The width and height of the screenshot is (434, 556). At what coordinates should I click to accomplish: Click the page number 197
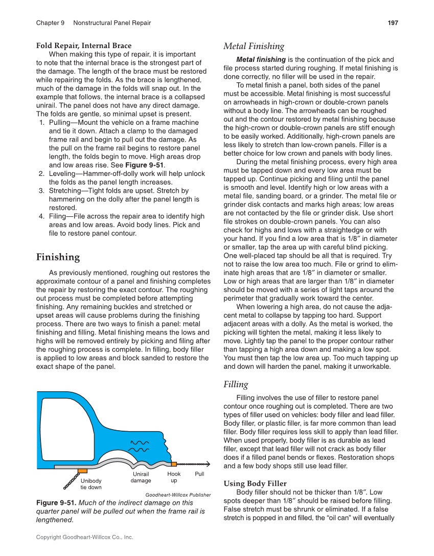(x=393, y=23)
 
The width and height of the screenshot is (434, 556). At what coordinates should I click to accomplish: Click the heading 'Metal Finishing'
(x=254, y=47)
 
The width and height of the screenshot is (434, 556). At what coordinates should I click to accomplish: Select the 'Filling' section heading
(x=236, y=384)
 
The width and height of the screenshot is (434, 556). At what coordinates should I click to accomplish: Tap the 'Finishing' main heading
(x=58, y=257)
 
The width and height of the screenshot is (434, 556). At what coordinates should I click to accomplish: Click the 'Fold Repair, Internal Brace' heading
(x=83, y=46)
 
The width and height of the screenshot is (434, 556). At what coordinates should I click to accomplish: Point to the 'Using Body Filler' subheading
(x=255, y=483)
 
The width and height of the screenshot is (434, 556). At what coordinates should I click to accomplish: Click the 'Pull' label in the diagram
(x=199, y=474)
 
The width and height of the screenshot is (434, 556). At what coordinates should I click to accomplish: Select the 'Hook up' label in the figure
(x=174, y=477)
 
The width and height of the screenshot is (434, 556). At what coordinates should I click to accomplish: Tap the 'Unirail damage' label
(x=141, y=477)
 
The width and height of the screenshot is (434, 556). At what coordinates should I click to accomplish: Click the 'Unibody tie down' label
(x=91, y=484)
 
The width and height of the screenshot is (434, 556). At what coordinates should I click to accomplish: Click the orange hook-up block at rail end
(x=174, y=464)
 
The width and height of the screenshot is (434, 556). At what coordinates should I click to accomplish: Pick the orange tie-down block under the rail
(x=82, y=470)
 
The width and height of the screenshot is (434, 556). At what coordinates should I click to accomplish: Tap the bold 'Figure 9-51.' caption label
(x=56, y=503)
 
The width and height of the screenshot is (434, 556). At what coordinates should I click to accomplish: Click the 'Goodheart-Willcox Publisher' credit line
(x=178, y=495)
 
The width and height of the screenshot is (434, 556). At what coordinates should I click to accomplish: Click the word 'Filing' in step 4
(x=59, y=216)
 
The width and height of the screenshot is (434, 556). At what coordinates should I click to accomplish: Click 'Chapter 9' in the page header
(x=50, y=23)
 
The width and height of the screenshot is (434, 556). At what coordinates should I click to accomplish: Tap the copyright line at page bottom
(x=84, y=537)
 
